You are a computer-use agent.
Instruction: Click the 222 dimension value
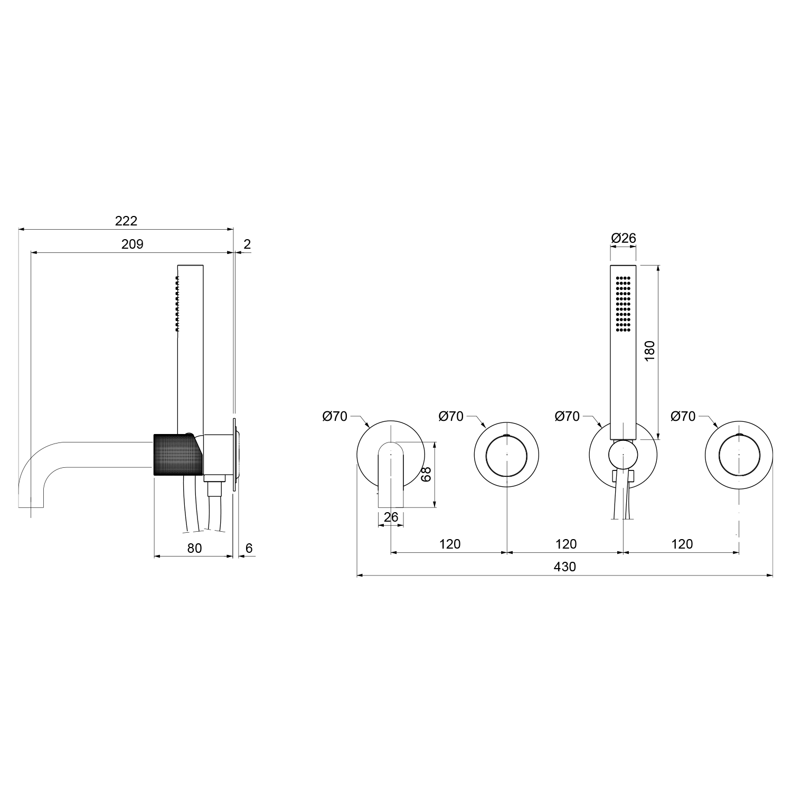[126, 221]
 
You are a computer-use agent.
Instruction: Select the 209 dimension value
[133, 244]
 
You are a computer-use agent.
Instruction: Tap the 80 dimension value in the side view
[194, 548]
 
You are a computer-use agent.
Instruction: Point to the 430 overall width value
[565, 567]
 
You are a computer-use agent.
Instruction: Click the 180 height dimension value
[649, 351]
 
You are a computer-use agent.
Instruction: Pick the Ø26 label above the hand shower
[624, 238]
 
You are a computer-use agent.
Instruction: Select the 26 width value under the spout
[391, 517]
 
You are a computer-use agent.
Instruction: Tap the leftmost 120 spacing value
[450, 544]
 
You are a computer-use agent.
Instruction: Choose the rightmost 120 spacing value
[682, 544]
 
